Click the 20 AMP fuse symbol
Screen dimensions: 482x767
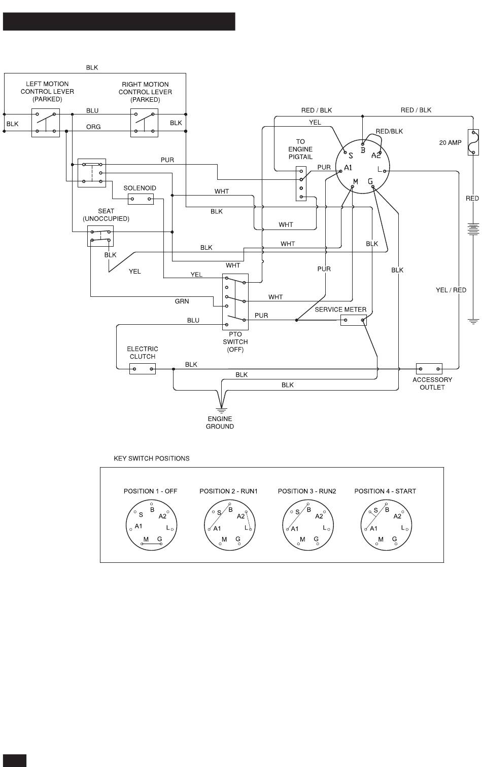(x=473, y=142)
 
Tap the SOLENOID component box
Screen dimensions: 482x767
(x=141, y=199)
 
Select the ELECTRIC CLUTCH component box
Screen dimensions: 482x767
(x=143, y=369)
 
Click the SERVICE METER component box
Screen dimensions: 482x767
(x=354, y=320)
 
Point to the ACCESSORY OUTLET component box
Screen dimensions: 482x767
(x=429, y=369)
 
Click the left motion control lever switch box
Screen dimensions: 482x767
(x=46, y=123)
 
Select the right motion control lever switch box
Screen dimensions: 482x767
(x=144, y=123)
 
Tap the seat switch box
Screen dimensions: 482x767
(x=100, y=236)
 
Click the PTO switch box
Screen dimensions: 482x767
(x=235, y=301)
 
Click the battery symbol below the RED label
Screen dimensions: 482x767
(x=473, y=229)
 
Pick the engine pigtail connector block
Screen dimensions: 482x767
(x=301, y=183)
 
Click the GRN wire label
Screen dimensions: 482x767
(x=182, y=301)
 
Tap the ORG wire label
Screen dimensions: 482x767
(x=93, y=127)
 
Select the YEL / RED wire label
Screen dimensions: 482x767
(x=451, y=290)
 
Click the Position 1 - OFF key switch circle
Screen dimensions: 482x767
(x=152, y=525)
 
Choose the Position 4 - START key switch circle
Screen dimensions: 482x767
(x=386, y=525)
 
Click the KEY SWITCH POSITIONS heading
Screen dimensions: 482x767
(x=152, y=458)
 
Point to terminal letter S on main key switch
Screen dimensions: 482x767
(x=351, y=156)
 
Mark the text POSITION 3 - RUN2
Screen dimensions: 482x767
(x=307, y=491)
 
